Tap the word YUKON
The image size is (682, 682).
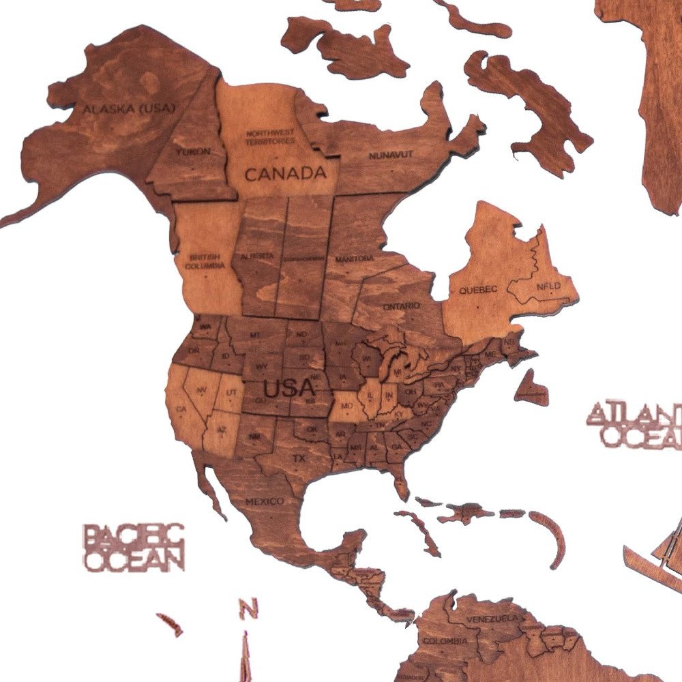(192, 151)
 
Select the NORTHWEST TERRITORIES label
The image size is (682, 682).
(271, 137)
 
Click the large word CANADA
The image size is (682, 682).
(285, 173)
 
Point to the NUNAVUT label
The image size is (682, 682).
(391, 155)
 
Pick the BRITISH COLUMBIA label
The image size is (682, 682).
(205, 261)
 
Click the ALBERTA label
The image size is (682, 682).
(257, 256)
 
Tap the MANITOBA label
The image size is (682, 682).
(355, 259)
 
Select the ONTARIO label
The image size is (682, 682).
(402, 306)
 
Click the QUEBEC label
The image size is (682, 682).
(477, 289)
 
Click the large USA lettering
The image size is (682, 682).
(289, 389)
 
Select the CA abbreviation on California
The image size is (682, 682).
(181, 409)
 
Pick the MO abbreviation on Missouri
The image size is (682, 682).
(346, 406)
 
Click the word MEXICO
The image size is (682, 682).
(265, 501)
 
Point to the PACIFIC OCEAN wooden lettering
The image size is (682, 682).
(133, 547)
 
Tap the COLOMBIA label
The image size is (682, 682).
(445, 641)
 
